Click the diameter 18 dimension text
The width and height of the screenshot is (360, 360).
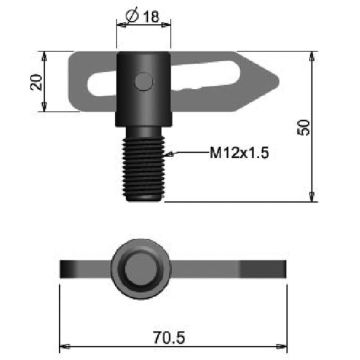(x=143, y=16)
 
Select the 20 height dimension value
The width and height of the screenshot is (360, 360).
(x=36, y=82)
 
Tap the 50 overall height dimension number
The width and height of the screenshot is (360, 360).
(x=303, y=127)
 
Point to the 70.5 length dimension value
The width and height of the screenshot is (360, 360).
(x=169, y=338)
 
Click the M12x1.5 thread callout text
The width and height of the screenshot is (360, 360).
(x=239, y=153)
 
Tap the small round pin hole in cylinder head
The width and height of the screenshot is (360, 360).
(x=144, y=81)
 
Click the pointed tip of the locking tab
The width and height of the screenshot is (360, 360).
(x=278, y=80)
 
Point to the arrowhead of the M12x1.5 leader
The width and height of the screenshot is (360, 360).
(x=170, y=154)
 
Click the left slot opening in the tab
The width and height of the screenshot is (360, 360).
(x=102, y=83)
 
